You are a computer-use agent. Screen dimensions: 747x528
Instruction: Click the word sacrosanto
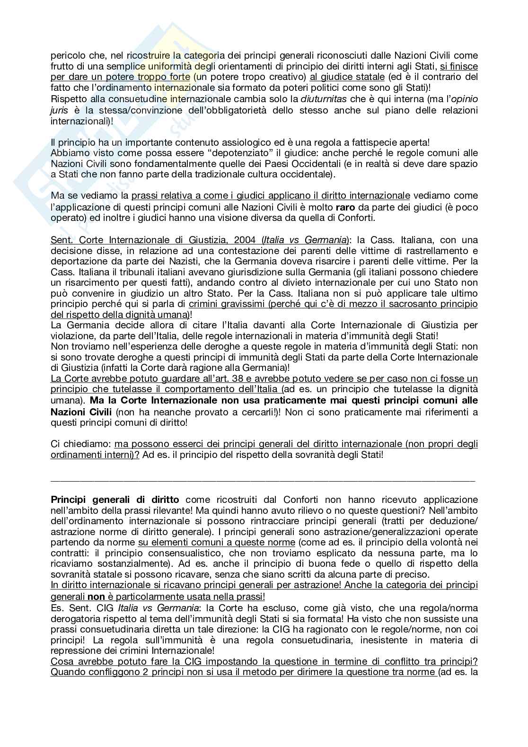coord(404,304)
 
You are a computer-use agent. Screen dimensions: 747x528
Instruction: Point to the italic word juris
coord(58,110)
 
